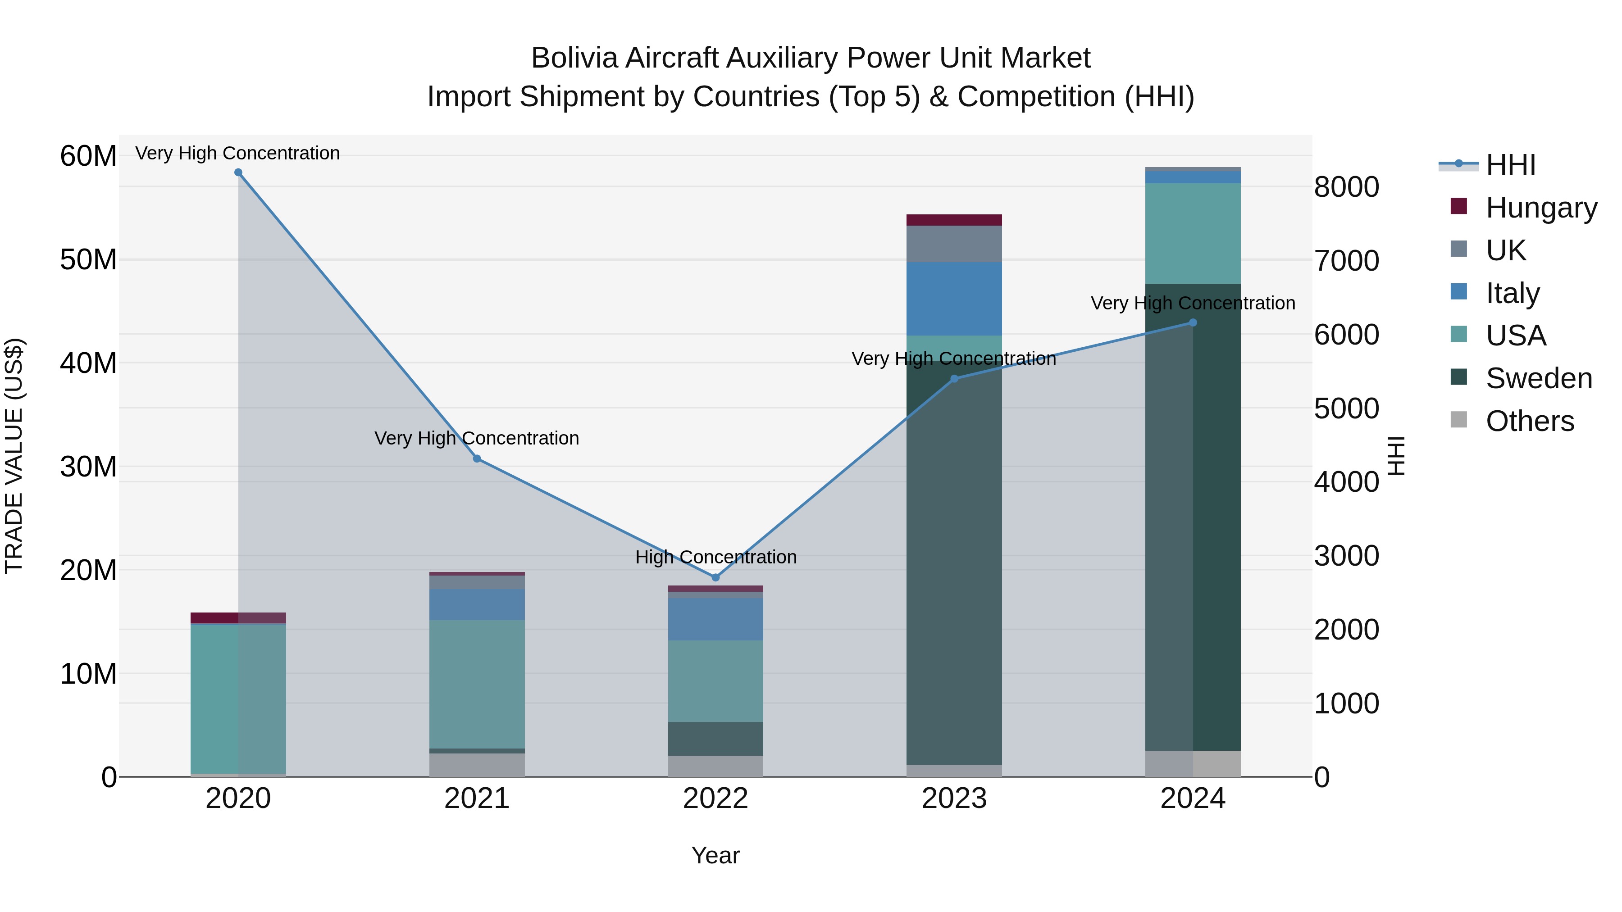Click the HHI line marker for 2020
point(238,172)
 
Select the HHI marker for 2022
point(715,577)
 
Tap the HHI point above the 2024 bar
point(1193,323)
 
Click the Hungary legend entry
point(1541,208)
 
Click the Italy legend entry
point(1513,293)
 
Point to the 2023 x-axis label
point(954,799)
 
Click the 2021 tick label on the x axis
point(477,799)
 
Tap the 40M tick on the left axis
point(88,363)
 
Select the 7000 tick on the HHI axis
point(1346,261)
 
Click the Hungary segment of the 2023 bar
point(954,220)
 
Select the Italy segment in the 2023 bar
point(954,298)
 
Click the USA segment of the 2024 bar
point(1193,233)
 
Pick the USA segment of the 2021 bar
point(477,684)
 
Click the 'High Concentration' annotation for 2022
point(716,557)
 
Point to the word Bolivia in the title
point(574,58)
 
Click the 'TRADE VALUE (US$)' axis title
point(14,456)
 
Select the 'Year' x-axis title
point(715,855)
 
